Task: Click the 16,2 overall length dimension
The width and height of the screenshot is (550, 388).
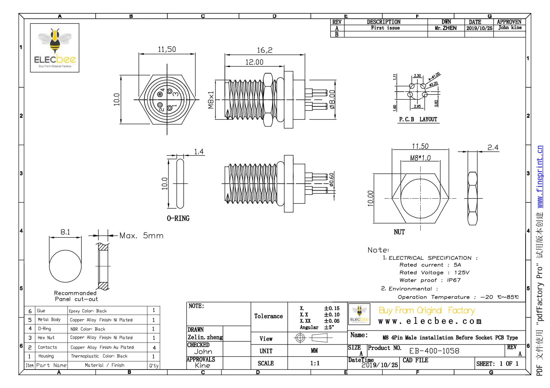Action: pos(265,50)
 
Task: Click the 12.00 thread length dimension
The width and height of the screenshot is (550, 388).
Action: pos(254,62)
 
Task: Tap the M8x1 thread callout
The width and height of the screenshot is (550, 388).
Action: pos(211,100)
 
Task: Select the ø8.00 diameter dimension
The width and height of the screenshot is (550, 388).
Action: pos(332,100)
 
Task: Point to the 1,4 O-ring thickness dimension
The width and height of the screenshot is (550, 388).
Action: pos(199,152)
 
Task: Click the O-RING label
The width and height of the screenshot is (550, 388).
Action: pos(178,218)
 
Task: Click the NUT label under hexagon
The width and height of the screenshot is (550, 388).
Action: pos(399,232)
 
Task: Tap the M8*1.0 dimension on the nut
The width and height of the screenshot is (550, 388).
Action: pos(420,158)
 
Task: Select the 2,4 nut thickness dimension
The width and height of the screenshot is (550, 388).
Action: pos(493,147)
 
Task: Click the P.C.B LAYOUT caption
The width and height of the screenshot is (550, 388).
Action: pos(418,120)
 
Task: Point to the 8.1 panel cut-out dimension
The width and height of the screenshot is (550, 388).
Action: pos(65,232)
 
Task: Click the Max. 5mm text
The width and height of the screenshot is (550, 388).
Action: pos(141,236)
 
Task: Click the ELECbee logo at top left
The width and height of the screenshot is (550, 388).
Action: pos(55,48)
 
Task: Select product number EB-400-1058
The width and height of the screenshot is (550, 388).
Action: pos(434,351)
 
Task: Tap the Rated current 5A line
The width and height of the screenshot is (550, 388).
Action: pos(430,265)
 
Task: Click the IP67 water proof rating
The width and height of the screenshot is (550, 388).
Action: pos(453,280)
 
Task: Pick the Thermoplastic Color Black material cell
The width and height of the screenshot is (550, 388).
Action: pos(99,356)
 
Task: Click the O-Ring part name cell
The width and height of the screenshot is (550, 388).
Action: pos(45,329)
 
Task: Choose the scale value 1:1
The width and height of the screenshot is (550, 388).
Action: pos(315,363)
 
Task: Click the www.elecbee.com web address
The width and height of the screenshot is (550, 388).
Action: pos(430,321)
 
